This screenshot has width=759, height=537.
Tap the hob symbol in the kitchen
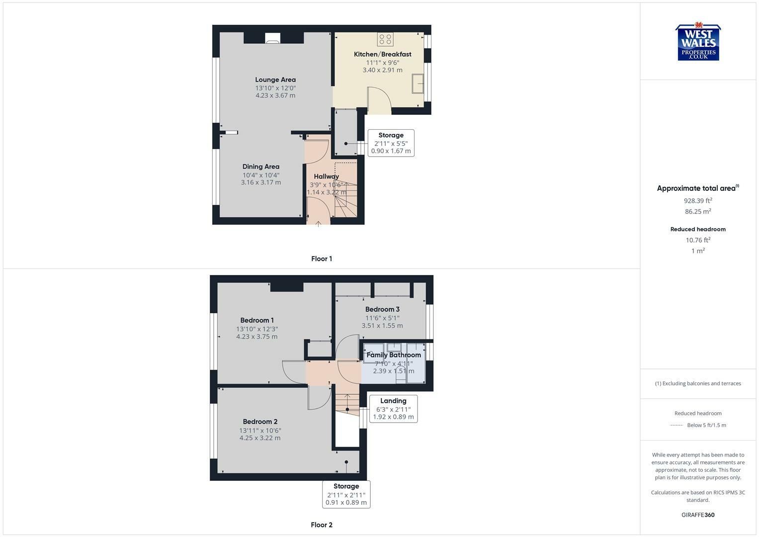[x=385, y=39]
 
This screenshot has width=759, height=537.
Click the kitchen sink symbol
[x=418, y=84]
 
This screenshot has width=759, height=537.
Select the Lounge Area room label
[x=275, y=80]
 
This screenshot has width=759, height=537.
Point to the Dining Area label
[x=261, y=167]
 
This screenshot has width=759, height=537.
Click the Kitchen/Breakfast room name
[x=383, y=54]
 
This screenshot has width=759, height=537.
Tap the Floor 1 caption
[x=322, y=259]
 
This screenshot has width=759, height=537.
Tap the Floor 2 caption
[x=322, y=525]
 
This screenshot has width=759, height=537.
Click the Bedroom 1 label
[x=257, y=320]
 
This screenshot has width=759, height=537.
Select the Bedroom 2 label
[x=260, y=422]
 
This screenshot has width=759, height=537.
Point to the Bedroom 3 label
[x=382, y=309]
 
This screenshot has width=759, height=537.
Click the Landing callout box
[x=393, y=409]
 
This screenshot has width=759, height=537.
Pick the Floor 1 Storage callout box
[x=391, y=143]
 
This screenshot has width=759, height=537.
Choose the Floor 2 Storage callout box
[x=346, y=494]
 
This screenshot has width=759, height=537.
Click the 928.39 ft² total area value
[x=698, y=200]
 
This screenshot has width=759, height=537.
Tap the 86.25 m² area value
[x=698, y=211]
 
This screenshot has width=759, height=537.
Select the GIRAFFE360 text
[x=698, y=515]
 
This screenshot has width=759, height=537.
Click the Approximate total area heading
[x=698, y=188]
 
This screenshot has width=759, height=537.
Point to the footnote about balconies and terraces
[x=698, y=383]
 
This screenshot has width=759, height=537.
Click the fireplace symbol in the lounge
[x=272, y=38]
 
